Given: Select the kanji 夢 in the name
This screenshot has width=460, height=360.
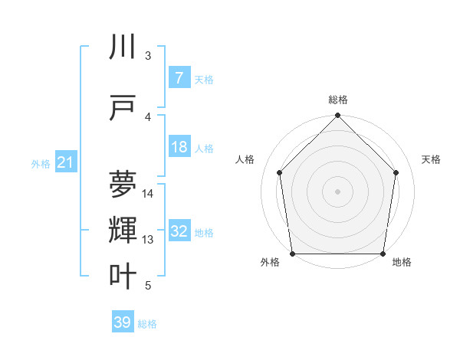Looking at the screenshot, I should point(123,185).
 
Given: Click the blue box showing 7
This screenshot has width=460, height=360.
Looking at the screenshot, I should point(179,78).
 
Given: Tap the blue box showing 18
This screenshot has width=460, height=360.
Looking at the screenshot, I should point(179,147).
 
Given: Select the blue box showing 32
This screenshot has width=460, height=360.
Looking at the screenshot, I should point(179,231).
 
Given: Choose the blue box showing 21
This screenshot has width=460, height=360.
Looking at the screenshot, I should point(65,162).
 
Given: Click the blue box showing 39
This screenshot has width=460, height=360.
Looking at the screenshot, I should point(123,323).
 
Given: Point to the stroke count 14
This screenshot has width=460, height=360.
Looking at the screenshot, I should point(148,194).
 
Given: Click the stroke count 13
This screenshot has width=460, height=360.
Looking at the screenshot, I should point(148,240).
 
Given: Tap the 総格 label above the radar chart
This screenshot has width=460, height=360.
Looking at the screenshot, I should point(338,100).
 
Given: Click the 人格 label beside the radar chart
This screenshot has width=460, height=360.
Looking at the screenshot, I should point(245,159).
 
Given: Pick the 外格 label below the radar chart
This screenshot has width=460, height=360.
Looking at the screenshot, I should point(270,263).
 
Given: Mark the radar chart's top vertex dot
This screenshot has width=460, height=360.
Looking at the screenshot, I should point(338,116).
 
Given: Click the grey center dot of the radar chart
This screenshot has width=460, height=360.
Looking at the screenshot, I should point(338,191).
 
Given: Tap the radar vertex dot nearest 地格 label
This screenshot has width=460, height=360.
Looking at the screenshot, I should point(383,254).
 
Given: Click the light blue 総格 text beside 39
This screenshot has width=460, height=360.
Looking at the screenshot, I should point(147,324).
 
